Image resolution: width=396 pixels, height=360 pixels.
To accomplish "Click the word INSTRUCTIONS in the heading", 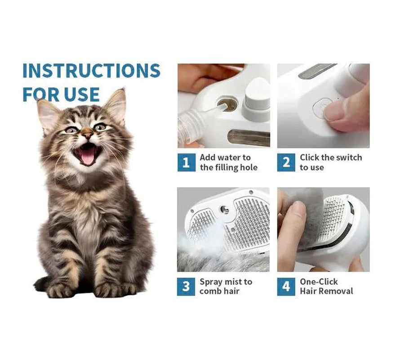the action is [x=91, y=70].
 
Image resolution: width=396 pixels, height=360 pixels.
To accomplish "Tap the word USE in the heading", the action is [x=81, y=94].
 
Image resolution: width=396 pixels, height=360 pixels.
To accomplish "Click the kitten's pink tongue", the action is [x=87, y=156].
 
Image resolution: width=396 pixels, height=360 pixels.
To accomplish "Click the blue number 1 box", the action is [x=187, y=162].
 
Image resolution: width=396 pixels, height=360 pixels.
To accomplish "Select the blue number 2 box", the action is [x=286, y=162].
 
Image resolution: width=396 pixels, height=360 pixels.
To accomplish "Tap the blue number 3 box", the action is [x=186, y=287].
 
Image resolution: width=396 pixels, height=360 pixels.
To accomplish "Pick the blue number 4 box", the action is [x=286, y=287].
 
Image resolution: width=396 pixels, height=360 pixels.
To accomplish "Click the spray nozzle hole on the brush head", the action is [x=224, y=210].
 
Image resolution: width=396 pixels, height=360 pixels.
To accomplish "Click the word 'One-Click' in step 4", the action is [x=319, y=282].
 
